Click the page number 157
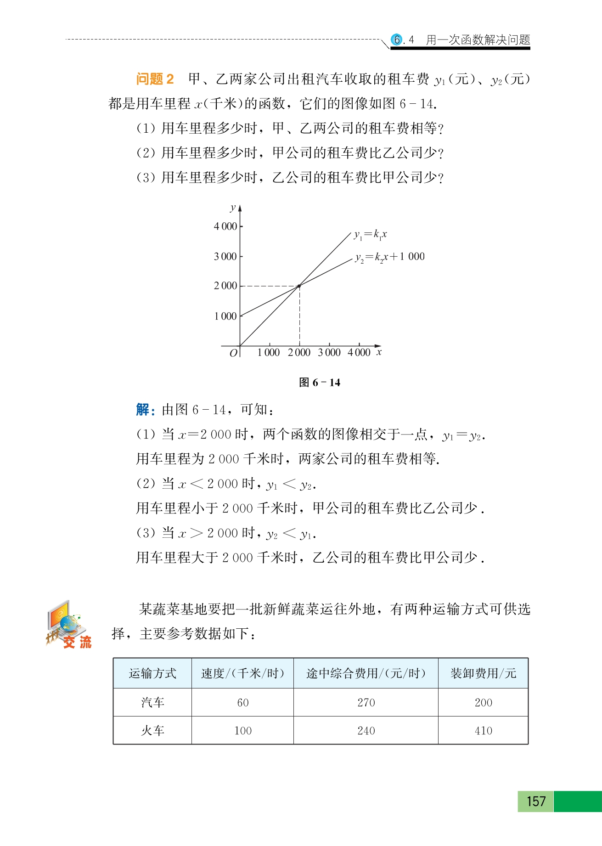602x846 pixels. coord(536,801)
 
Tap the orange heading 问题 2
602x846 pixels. coord(155,79)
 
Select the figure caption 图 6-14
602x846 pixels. coord(320,382)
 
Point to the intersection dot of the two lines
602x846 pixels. coord(299,286)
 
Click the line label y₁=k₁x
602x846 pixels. coord(370,235)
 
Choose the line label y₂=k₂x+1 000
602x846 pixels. coord(389,257)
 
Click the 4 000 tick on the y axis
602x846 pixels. coord(225,226)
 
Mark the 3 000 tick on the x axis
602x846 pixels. coord(329,352)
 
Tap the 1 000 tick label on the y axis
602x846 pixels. coord(225,316)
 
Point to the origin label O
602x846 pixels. coord(233,353)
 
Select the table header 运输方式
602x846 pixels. coord(152,673)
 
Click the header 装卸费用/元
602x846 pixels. coord(483,673)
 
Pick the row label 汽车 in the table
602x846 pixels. coord(152,702)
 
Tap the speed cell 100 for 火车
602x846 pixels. coord(243,731)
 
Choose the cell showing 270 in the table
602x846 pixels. coord(366,702)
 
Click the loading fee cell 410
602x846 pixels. coord(483,731)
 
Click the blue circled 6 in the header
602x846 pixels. coord(397,39)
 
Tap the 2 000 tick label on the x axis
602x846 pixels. coord(299,352)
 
